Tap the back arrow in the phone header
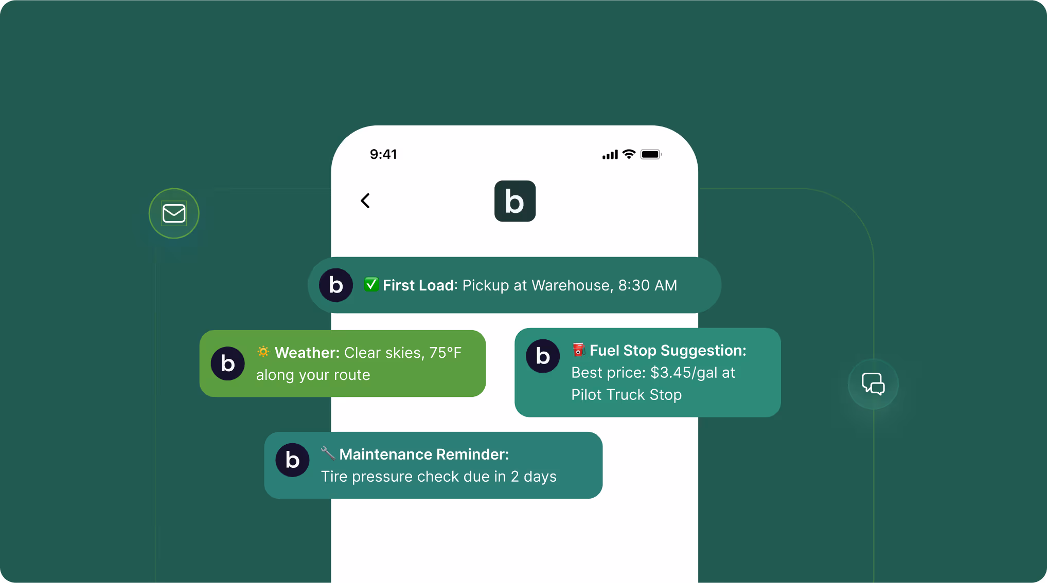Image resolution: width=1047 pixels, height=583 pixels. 365,201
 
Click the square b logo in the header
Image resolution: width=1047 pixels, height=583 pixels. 514,201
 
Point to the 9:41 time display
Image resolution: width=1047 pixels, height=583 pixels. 383,154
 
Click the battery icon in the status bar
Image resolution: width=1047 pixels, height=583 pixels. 651,154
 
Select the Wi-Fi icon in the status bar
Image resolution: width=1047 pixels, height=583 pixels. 629,154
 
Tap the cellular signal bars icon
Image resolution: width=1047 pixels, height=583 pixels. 610,155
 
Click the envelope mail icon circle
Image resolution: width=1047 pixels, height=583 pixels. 174,213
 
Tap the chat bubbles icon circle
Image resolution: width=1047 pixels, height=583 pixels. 873,384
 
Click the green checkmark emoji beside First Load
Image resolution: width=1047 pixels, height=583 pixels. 371,284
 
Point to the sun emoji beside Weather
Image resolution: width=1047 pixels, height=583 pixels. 263,352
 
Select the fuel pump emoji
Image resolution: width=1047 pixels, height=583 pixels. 579,350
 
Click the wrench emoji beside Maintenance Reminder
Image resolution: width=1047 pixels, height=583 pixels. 328,453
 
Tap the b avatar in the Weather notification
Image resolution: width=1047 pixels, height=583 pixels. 227,363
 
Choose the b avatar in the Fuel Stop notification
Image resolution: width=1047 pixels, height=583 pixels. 542,356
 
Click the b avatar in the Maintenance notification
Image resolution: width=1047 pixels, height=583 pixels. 292,460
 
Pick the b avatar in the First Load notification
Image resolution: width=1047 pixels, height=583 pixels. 335,285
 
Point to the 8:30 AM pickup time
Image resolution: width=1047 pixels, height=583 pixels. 647,285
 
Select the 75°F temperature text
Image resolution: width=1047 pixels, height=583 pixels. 445,353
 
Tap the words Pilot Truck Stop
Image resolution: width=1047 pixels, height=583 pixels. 626,395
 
